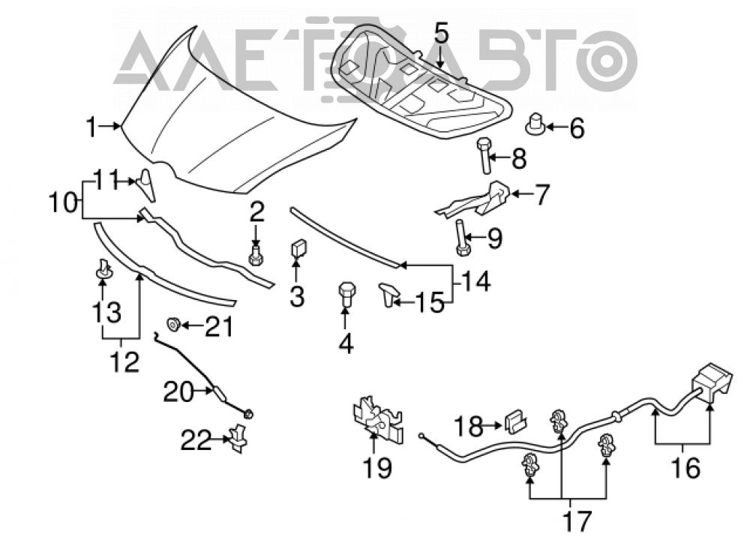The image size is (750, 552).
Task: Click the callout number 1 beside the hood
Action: click(x=91, y=127)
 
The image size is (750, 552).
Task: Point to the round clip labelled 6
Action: click(x=535, y=124)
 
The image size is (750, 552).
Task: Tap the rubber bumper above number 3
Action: click(x=299, y=249)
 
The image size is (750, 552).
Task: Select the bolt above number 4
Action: click(x=346, y=296)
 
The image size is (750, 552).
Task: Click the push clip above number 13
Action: click(x=103, y=268)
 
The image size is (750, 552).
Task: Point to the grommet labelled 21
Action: click(x=173, y=324)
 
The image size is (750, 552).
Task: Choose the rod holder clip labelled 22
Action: click(x=238, y=438)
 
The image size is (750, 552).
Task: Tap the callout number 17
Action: click(x=577, y=521)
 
